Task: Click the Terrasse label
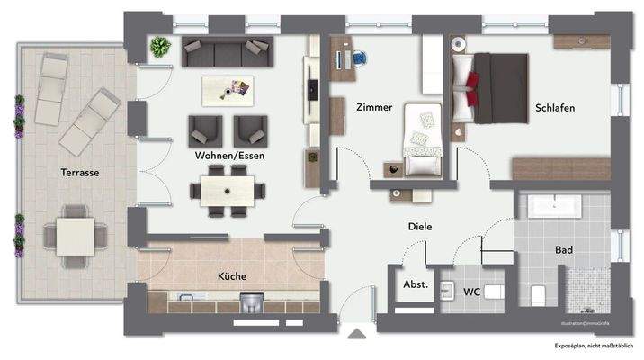[x=80, y=172]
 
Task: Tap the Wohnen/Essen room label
[x=228, y=155]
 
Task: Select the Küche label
[x=231, y=276]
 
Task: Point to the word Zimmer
[x=374, y=107]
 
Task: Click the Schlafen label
[x=555, y=107]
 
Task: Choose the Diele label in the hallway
[x=419, y=227]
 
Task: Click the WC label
[x=471, y=292]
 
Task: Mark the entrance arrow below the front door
[x=358, y=336]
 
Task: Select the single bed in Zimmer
[x=421, y=138]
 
